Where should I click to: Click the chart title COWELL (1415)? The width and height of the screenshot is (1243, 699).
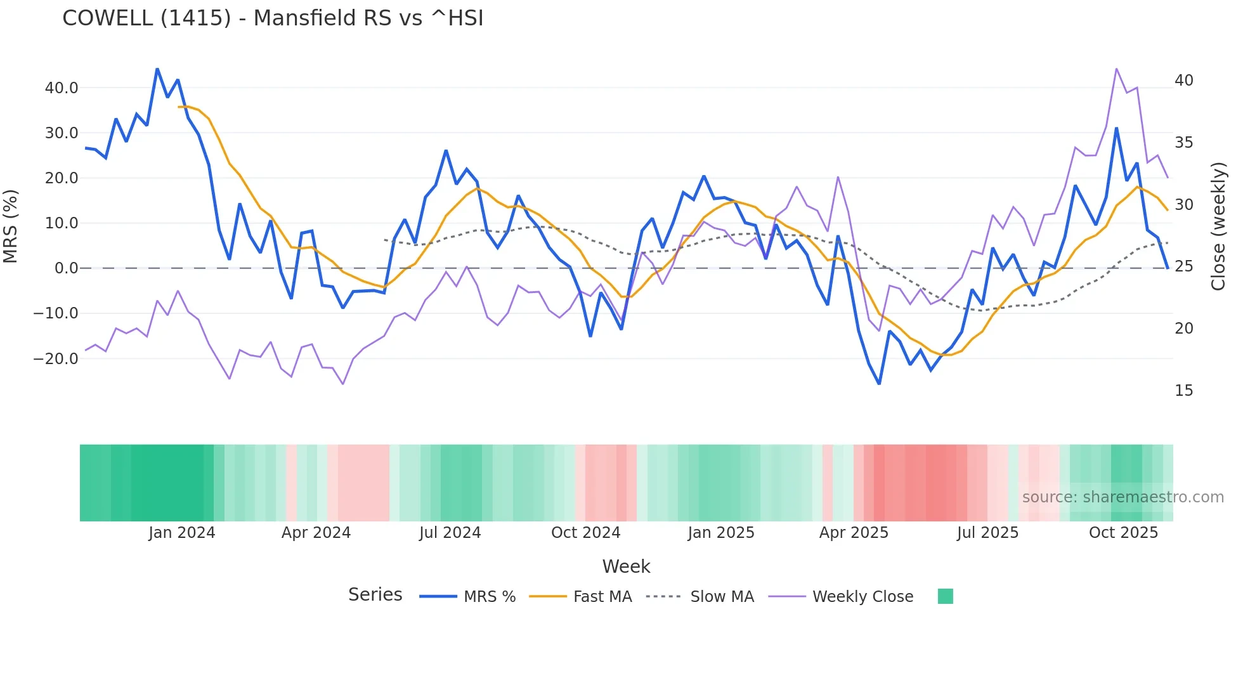click(x=273, y=18)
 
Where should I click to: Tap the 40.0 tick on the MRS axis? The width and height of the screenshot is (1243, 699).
click(x=62, y=88)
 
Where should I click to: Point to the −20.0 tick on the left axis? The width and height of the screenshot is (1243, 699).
click(x=56, y=358)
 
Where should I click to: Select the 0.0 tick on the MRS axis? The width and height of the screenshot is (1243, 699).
click(x=67, y=268)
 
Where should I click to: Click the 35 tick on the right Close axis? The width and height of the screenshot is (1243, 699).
click(x=1183, y=143)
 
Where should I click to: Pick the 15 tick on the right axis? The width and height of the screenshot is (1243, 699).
click(x=1183, y=391)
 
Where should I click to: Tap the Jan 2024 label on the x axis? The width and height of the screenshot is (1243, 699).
click(x=182, y=533)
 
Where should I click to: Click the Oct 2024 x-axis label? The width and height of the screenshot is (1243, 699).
click(x=585, y=533)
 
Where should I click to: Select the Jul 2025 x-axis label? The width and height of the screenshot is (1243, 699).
click(x=987, y=533)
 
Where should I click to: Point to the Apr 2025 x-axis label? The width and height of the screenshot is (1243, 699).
click(x=854, y=533)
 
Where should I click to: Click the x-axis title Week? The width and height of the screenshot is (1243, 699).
click(x=626, y=566)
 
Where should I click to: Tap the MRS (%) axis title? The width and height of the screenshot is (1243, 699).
click(x=11, y=226)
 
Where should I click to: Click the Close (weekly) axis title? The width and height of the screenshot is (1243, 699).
click(x=1218, y=226)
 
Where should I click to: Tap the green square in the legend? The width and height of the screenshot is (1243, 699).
click(x=945, y=596)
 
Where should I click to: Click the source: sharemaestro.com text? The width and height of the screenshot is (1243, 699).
click(x=1123, y=497)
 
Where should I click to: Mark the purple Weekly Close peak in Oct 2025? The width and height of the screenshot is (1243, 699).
click(x=1116, y=69)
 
